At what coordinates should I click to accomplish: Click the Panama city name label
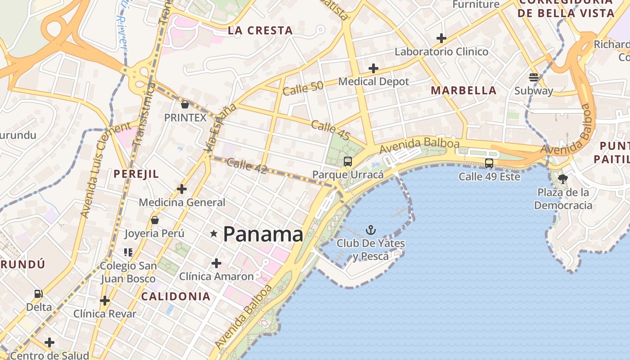click(263, 234)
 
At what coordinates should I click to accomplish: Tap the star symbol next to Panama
click(214, 234)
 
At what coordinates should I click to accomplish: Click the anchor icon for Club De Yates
click(370, 230)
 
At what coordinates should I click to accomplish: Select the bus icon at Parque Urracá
click(347, 162)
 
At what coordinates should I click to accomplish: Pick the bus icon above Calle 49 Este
click(489, 163)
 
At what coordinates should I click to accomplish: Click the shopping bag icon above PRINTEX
click(184, 105)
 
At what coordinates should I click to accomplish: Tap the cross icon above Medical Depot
click(373, 68)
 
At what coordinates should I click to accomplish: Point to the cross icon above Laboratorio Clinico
click(441, 38)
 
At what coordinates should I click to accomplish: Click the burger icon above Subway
click(534, 77)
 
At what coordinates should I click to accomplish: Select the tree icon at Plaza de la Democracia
click(562, 179)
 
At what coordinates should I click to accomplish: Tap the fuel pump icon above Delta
click(39, 294)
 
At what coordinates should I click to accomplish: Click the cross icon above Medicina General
click(182, 189)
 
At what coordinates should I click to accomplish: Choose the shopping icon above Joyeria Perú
click(155, 220)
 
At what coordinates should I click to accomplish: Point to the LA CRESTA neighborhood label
click(260, 31)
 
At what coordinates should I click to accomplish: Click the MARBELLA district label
click(463, 90)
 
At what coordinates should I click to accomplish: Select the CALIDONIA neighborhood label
click(175, 296)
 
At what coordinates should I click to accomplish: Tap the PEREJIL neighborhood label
click(136, 174)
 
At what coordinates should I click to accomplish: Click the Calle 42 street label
click(247, 166)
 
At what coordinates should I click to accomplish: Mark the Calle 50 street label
click(303, 87)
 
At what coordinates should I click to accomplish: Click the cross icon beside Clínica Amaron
click(216, 263)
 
